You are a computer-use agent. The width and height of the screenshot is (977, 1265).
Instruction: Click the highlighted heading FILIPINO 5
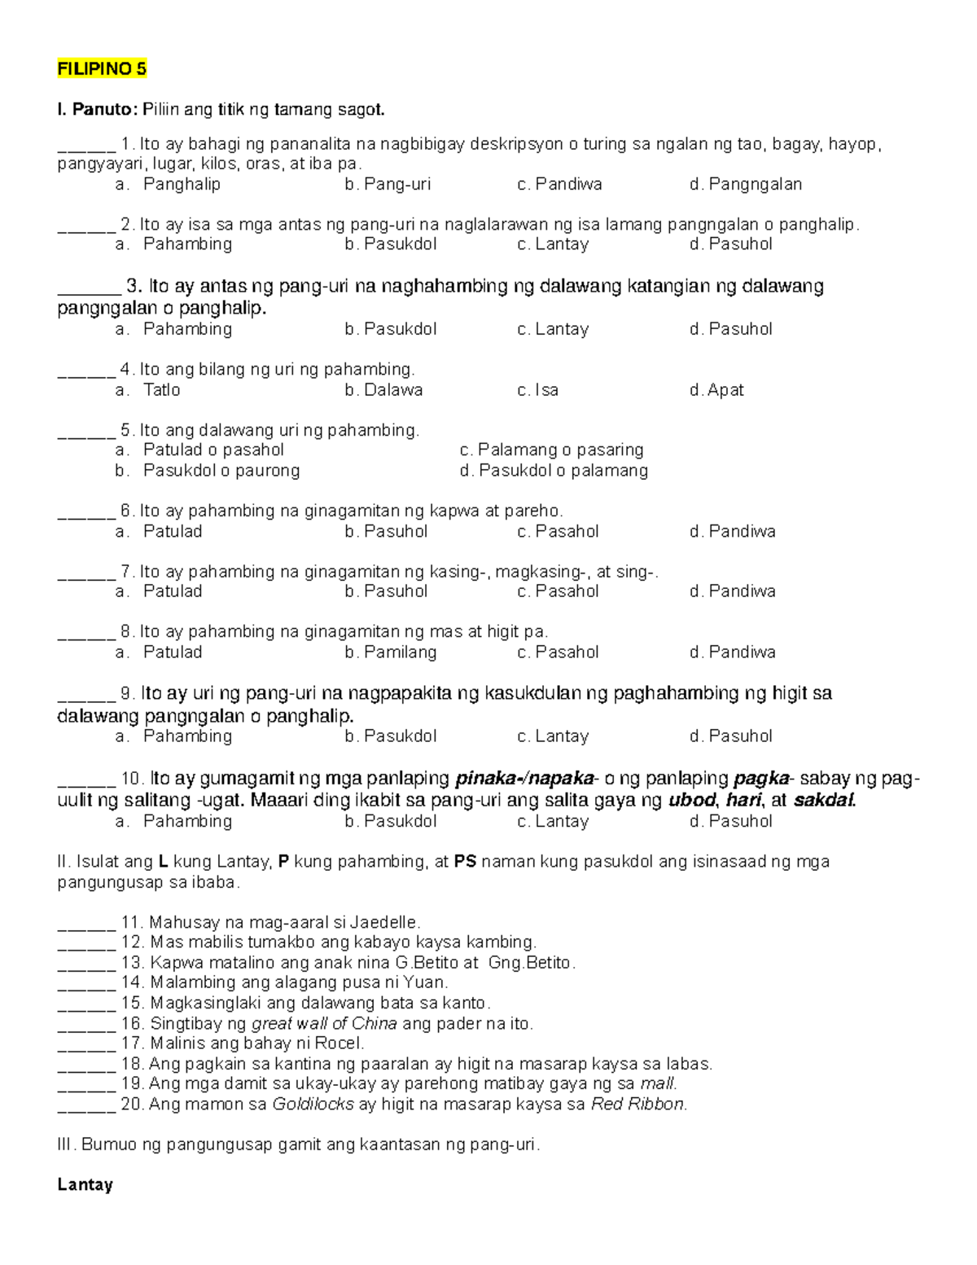[x=102, y=68]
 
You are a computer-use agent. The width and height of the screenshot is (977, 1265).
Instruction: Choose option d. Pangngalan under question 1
[x=745, y=184]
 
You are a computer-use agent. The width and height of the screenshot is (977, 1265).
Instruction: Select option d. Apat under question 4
[x=716, y=389]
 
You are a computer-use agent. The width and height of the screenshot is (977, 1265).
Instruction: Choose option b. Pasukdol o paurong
[x=207, y=470]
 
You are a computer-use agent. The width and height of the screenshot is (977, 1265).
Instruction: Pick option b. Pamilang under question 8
[x=390, y=652]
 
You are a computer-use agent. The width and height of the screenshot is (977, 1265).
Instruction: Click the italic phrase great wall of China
[x=324, y=1023]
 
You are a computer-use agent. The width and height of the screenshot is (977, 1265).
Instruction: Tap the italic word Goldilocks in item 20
[x=313, y=1104]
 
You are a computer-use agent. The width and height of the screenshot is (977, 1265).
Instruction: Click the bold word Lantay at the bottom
[x=85, y=1184]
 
